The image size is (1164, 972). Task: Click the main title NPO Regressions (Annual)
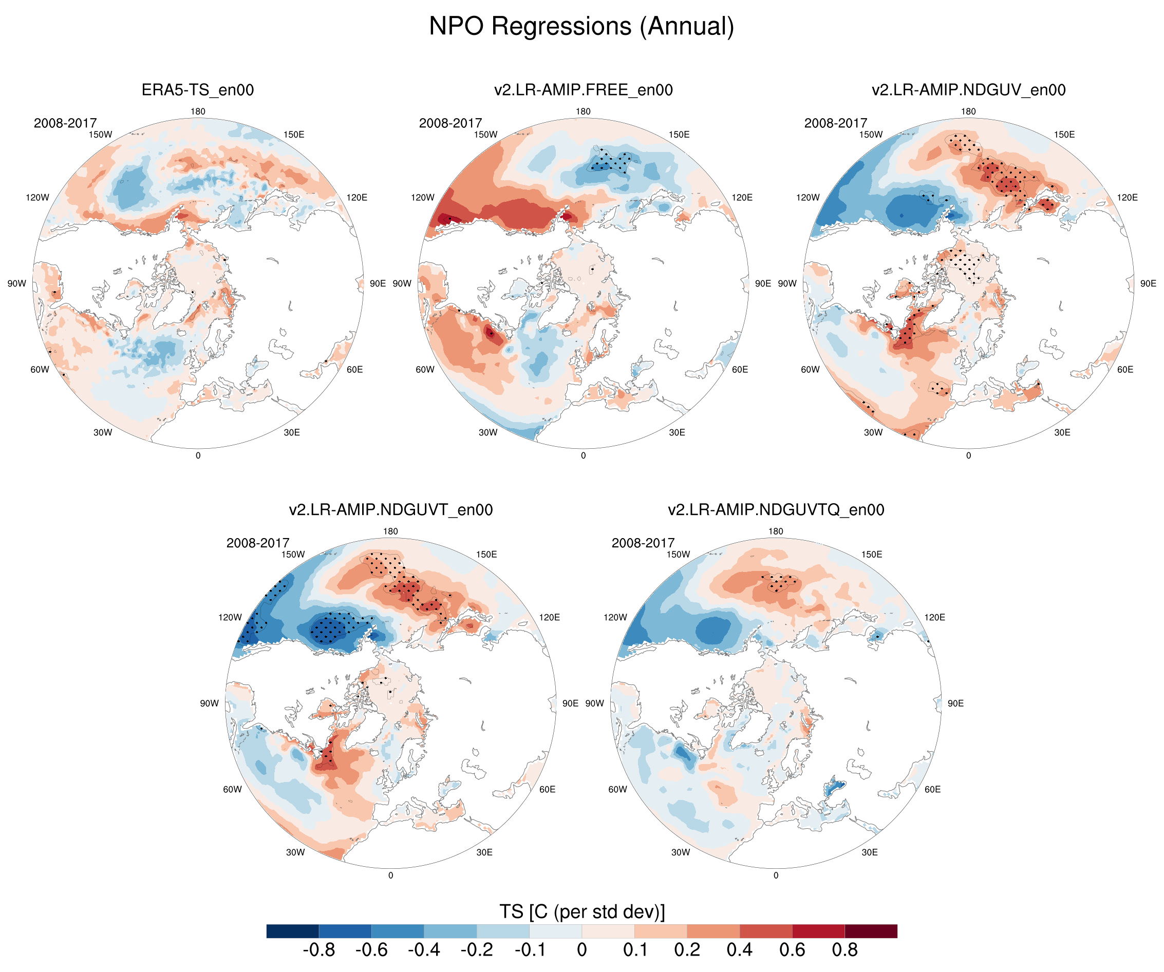(581, 26)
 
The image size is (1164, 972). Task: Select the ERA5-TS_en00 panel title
(198, 90)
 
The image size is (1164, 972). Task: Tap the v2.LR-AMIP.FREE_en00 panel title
(583, 90)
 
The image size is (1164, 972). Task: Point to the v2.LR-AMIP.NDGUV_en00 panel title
(968, 90)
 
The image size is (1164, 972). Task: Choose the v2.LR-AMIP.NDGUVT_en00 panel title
(390, 509)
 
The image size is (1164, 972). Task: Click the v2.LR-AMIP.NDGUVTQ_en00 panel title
(776, 509)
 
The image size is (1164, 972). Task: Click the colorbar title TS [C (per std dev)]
(581, 911)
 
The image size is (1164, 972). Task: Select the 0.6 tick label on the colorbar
(792, 950)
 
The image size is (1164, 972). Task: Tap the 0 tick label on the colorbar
(581, 950)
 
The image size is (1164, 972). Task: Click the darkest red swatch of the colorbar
(871, 931)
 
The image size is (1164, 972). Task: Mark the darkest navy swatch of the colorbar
(293, 931)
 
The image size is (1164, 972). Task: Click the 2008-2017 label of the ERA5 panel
(65, 123)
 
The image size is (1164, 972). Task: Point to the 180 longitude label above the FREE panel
(583, 111)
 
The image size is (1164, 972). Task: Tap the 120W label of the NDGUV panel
(808, 197)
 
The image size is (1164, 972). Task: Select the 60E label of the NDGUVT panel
(547, 789)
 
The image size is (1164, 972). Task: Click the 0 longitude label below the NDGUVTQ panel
(776, 875)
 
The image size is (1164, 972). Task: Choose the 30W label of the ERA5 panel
(103, 432)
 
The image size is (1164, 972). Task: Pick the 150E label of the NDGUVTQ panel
(871, 554)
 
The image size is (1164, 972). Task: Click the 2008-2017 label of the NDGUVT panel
(258, 543)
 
